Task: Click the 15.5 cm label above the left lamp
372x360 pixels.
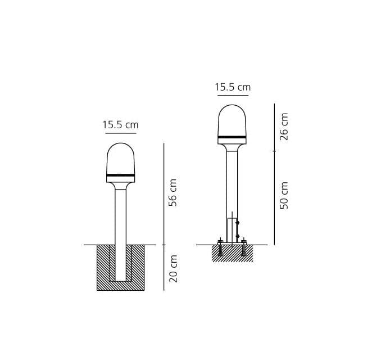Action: click(x=120, y=125)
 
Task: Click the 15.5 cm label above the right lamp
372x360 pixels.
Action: click(x=233, y=87)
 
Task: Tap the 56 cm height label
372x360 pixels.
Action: click(x=173, y=192)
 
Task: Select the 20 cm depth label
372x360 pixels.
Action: click(x=174, y=268)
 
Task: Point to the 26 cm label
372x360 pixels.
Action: click(x=284, y=127)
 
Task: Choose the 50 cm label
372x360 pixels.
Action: click(x=284, y=195)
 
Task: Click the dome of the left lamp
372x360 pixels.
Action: click(x=120, y=159)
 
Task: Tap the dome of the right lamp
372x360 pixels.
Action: click(x=232, y=120)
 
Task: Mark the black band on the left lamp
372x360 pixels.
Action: click(x=120, y=175)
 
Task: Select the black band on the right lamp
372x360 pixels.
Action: click(x=232, y=137)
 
